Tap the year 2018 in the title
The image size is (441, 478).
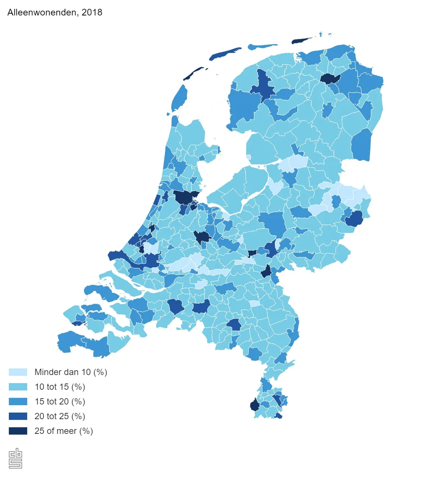pyautogui.click(x=92, y=12)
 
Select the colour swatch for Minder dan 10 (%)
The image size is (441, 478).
pyautogui.click(x=18, y=372)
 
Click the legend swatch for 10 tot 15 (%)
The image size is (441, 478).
pyautogui.click(x=18, y=387)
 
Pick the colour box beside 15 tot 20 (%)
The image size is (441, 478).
pyautogui.click(x=18, y=402)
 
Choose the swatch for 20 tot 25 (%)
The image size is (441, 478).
pyautogui.click(x=18, y=416)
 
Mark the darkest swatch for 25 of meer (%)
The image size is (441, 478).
pyautogui.click(x=18, y=431)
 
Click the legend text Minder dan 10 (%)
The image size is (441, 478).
pyautogui.click(x=71, y=372)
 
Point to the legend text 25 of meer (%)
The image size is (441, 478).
pyautogui.click(x=64, y=431)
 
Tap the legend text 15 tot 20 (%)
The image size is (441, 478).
pyautogui.click(x=60, y=402)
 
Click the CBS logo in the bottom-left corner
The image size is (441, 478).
pyautogui.click(x=15, y=458)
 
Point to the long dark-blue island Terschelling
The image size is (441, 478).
pyautogui.click(x=225, y=53)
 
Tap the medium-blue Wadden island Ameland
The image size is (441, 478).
pyautogui.click(x=262, y=47)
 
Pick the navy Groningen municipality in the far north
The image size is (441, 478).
pyautogui.click(x=330, y=78)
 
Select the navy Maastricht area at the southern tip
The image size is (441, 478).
pyautogui.click(x=254, y=406)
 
